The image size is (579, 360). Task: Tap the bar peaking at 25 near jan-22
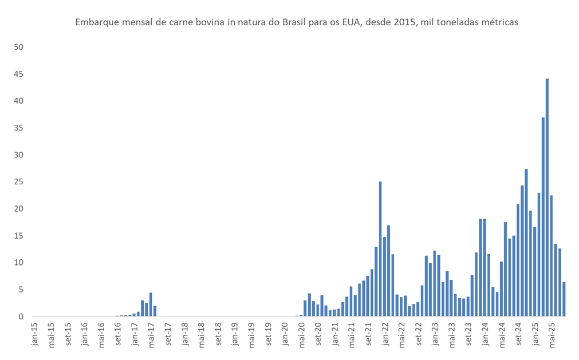click(x=380, y=249)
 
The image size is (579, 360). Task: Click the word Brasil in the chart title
click(x=297, y=22)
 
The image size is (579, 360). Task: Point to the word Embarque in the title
click(x=96, y=22)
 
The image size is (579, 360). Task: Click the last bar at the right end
click(x=564, y=299)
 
